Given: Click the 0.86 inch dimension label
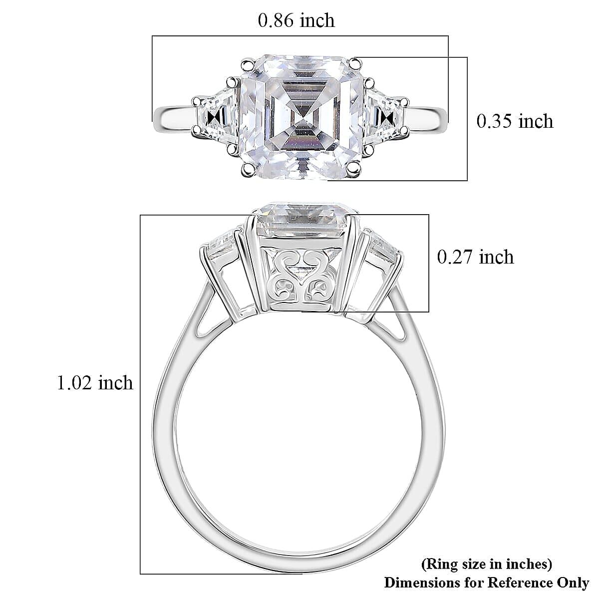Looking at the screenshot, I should (296, 20).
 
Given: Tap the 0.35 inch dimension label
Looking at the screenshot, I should (515, 121).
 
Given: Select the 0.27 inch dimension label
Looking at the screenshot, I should (475, 257).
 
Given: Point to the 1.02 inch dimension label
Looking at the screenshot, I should (95, 383).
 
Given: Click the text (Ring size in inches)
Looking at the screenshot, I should (487, 565).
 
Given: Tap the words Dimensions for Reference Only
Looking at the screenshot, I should (486, 582).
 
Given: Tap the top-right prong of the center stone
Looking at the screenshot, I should (355, 63).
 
